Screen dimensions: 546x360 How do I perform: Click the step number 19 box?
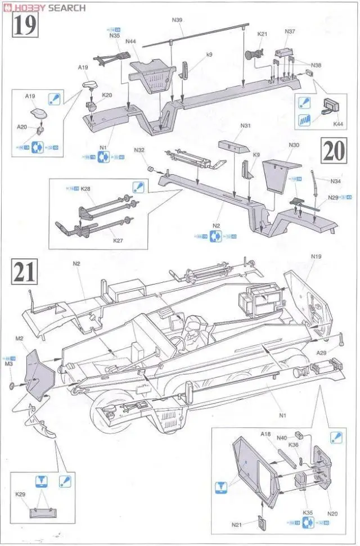coord(24,26)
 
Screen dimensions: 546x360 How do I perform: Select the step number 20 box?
coord(335,151)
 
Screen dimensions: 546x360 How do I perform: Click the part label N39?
coord(177,20)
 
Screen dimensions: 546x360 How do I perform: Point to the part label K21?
coord(263,34)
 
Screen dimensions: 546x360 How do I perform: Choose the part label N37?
coord(290,31)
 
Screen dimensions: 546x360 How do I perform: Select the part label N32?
coord(139,150)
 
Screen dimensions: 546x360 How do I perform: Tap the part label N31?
coord(245,125)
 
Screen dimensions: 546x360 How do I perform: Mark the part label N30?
coord(294,145)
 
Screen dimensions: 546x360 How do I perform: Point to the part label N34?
coord(336,181)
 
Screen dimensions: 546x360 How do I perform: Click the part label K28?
coord(85,189)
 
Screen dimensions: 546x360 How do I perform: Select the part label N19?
coord(316,256)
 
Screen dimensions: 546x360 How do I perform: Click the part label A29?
coord(321,353)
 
